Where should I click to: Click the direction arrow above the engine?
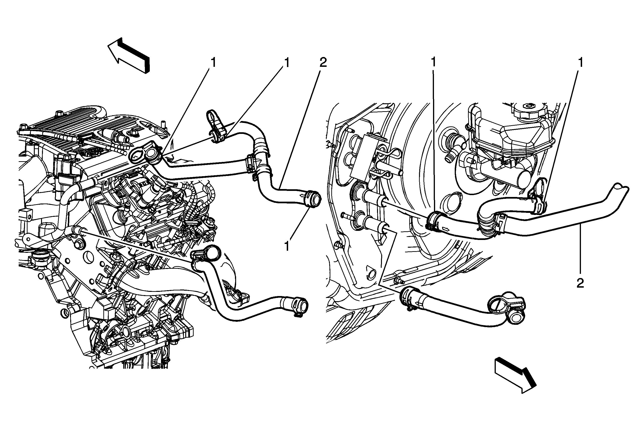[129, 56]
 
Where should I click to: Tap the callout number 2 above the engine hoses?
[323, 63]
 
